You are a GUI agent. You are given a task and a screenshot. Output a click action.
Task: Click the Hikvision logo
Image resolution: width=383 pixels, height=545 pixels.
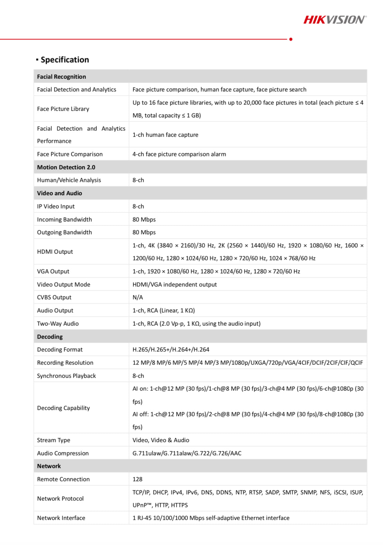coord(335,20)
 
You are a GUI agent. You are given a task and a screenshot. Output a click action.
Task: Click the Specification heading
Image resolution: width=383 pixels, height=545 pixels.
coord(65,60)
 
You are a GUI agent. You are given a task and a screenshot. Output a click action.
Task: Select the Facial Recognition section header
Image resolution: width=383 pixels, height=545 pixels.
coord(62,77)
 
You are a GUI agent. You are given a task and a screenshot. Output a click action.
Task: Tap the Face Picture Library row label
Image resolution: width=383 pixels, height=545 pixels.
coord(63,109)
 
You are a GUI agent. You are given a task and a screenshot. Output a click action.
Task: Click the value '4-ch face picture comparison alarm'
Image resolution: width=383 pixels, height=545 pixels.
coord(179,154)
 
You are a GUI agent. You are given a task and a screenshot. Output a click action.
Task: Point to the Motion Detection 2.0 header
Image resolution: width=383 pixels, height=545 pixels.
coord(66,167)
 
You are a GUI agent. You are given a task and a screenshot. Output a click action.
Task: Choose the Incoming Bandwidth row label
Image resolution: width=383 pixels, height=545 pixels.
coord(64,220)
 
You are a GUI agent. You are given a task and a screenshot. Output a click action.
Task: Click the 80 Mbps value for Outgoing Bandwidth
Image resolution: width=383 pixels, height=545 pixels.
coord(144,232)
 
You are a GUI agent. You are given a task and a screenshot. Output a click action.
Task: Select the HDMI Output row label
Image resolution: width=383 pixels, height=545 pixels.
coord(55,252)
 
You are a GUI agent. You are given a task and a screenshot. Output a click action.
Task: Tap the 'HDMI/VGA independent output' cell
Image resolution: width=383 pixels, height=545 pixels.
coord(174,285)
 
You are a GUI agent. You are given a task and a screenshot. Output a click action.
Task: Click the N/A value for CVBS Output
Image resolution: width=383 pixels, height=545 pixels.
coord(138,297)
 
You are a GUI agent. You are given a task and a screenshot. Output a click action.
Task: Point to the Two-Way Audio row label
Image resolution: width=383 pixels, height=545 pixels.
coord(58,324)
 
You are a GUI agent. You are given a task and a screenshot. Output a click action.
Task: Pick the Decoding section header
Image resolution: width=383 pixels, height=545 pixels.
coord(50,337)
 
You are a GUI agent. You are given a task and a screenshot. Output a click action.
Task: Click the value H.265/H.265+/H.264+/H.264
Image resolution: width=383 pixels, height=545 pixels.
coord(171,350)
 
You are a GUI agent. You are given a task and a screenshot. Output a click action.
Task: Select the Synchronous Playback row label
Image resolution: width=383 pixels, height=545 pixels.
coord(66,376)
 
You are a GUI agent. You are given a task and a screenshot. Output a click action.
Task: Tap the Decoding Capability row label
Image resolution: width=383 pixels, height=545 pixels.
coord(63,408)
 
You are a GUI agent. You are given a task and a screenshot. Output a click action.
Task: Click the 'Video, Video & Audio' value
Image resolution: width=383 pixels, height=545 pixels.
coord(161,440)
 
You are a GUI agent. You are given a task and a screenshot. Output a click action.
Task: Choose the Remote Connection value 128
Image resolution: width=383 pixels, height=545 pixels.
coord(137,479)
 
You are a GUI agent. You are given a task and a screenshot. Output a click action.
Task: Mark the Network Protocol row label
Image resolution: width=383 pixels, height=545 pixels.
coord(60,499)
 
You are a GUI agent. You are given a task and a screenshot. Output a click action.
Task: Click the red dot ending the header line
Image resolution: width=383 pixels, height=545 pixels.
coord(291,39)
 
